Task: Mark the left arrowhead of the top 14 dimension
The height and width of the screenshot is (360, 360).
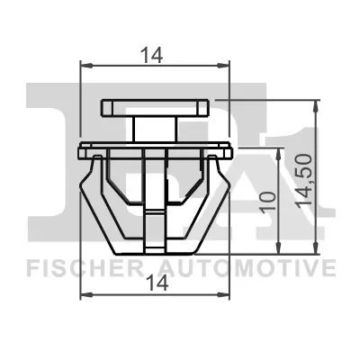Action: point(85,64)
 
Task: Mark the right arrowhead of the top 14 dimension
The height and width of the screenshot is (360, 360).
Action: point(225,64)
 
